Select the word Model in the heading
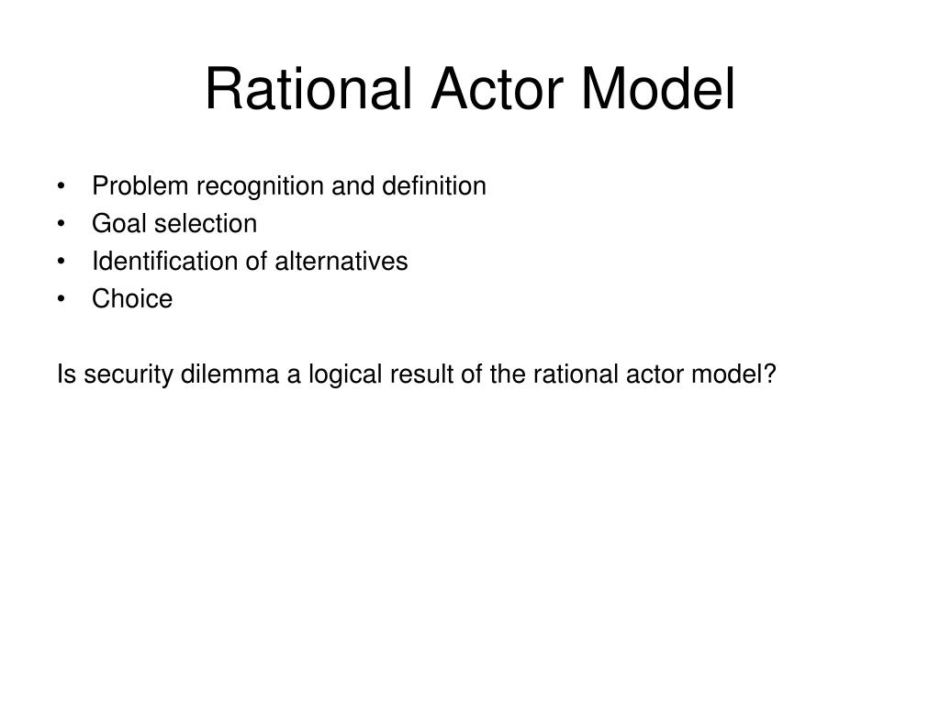tap(658, 91)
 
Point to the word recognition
tap(254, 186)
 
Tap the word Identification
tap(165, 262)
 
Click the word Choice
tap(132, 299)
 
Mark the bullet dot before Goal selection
tap(61, 225)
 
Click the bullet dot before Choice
tap(61, 300)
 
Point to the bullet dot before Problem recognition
tap(61, 187)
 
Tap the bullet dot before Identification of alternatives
tap(61, 263)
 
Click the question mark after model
tap(771, 375)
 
